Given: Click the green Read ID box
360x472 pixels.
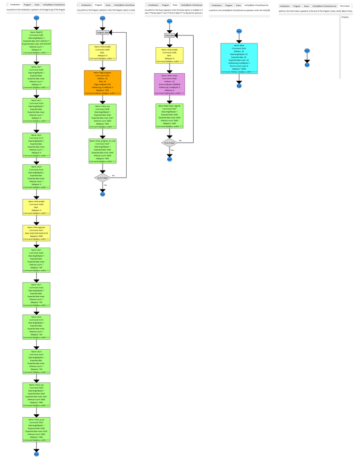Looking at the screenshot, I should [36, 43].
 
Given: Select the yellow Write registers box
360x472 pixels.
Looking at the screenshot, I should [36, 233].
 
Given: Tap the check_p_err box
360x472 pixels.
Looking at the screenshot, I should [36, 429].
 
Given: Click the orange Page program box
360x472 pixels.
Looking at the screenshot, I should [103, 83].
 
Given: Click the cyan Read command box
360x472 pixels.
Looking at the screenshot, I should [239, 59].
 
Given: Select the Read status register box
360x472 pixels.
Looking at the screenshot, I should [169, 116].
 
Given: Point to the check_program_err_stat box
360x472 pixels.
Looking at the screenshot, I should [103, 151].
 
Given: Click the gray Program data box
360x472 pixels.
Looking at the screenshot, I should [103, 33].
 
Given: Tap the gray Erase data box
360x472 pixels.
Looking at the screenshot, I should [169, 35].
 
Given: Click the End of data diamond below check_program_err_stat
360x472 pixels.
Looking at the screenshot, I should [103, 178].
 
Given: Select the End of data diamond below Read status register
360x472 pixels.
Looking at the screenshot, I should [169, 142].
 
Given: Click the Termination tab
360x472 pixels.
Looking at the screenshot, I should [345, 6].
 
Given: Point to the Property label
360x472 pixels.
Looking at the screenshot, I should [345, 17].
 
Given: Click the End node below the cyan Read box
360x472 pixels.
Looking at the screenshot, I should [239, 86].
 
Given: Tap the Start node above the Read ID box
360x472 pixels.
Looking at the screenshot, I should [36, 18].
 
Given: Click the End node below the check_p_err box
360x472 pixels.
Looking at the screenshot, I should [36, 454].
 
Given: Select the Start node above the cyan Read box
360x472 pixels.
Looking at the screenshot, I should [239, 31].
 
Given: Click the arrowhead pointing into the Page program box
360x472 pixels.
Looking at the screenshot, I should [103, 68].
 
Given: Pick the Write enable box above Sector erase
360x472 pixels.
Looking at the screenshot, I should [169, 55].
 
